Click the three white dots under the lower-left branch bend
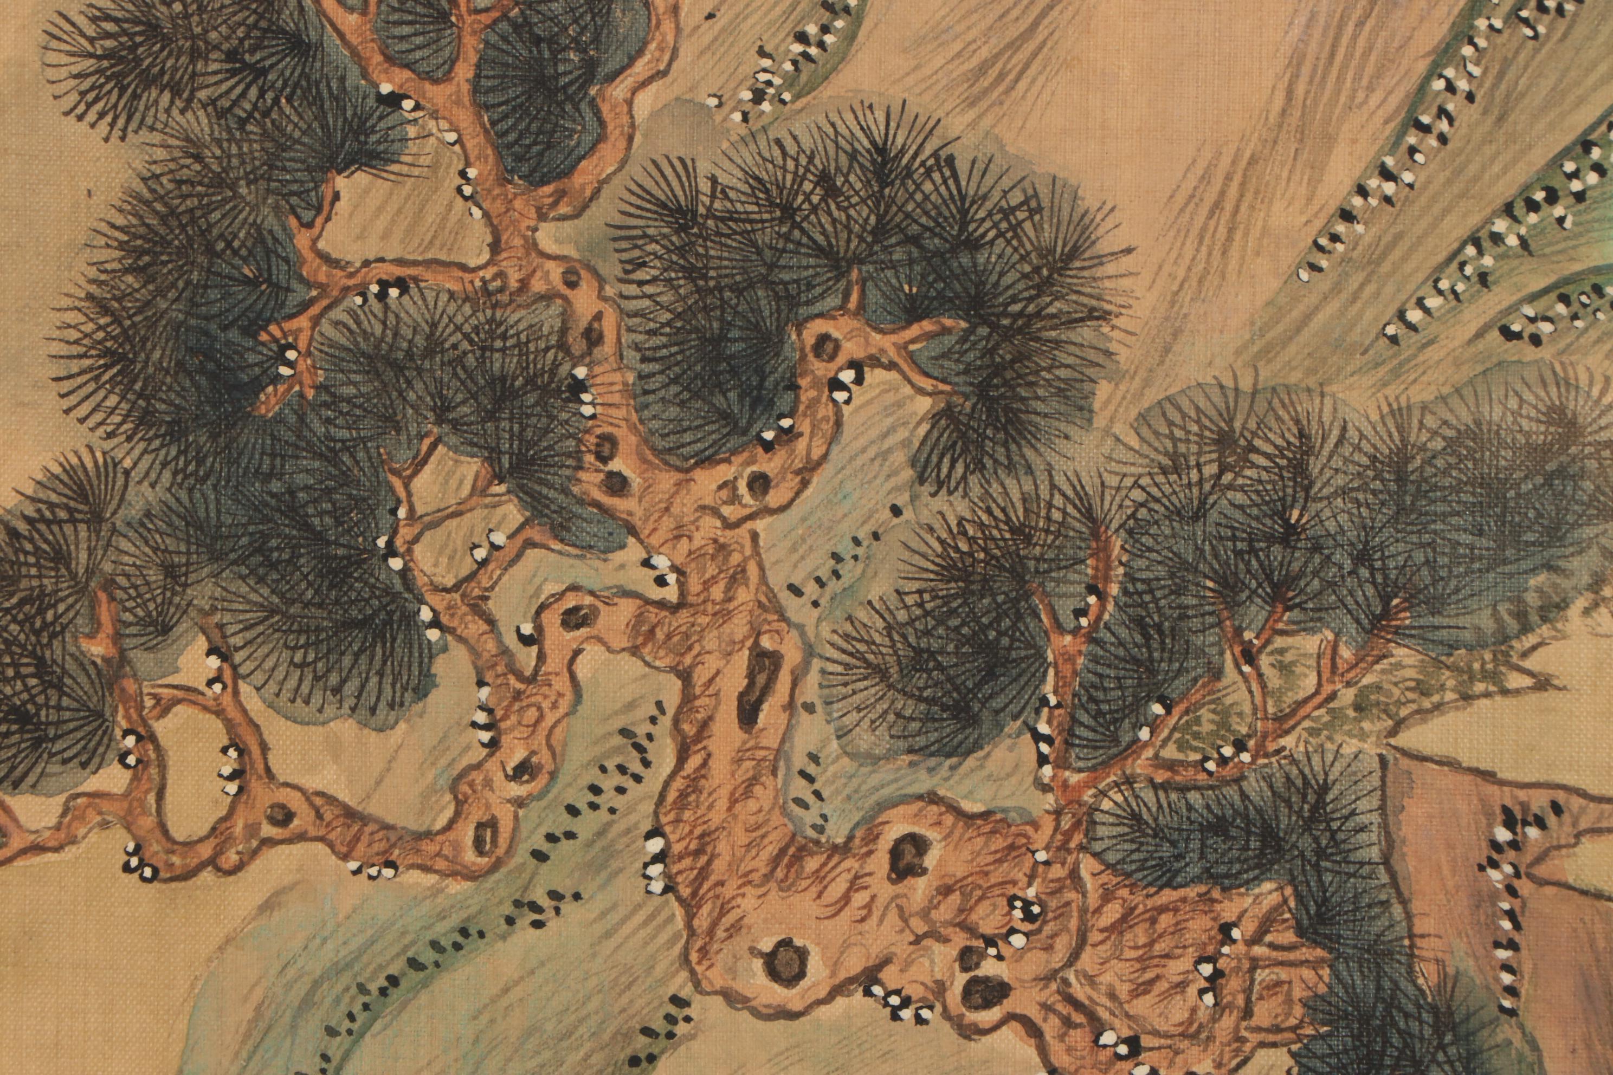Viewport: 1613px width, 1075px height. (x=374, y=869)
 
